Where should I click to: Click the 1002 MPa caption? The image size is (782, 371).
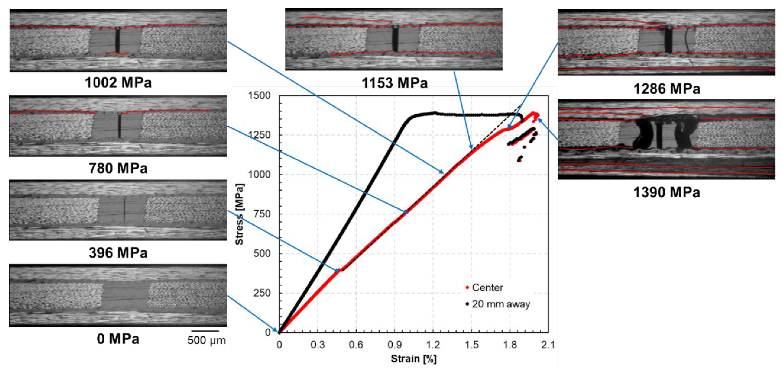[x=118, y=83]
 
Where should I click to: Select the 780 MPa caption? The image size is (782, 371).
[x=118, y=168]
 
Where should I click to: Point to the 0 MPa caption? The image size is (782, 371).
[x=118, y=339]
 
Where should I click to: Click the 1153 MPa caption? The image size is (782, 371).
[x=394, y=83]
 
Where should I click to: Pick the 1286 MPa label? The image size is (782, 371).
[x=667, y=89]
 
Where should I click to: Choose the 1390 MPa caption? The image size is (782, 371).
[x=667, y=192]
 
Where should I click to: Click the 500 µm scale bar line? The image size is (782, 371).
[x=206, y=331]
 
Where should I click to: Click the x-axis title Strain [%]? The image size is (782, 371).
[x=413, y=359]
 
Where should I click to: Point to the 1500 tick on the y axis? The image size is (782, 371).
[x=259, y=96]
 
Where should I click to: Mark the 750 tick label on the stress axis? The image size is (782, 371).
[x=262, y=214]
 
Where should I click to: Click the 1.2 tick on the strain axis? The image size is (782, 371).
[x=433, y=345]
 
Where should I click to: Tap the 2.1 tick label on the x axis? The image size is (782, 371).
[x=548, y=345]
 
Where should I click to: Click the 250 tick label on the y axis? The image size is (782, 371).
[x=262, y=293]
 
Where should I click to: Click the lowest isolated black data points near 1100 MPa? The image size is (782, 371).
[x=520, y=159]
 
